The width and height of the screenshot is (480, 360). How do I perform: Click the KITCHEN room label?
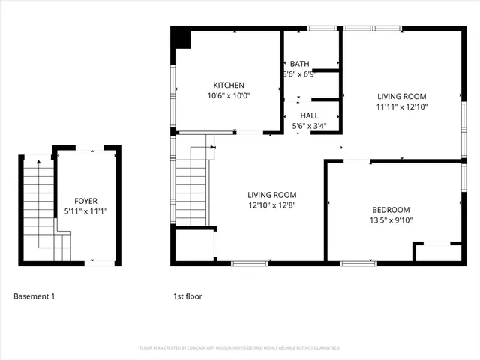coord(229,85)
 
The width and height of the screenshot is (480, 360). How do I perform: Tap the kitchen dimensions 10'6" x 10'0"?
coord(229,95)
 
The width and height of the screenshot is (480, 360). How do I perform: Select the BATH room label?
coord(300,64)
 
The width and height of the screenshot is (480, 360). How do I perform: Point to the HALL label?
coord(309,115)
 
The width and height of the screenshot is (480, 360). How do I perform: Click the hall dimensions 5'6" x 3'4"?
coord(309,126)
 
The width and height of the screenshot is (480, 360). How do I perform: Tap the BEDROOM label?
coord(391,210)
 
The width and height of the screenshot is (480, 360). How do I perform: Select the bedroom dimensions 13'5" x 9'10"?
coord(391,220)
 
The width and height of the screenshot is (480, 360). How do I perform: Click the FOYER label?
coord(85,201)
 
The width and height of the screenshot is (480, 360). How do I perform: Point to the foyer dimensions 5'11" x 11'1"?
coord(85,211)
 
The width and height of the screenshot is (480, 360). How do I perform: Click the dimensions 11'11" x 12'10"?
coord(402,106)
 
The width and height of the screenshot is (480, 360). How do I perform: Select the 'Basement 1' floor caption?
coord(34,296)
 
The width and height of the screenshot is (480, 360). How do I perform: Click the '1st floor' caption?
coord(187,296)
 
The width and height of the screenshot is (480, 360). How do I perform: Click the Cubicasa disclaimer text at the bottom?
coord(240,348)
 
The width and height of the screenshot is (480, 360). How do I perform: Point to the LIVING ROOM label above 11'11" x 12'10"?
coord(402,96)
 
